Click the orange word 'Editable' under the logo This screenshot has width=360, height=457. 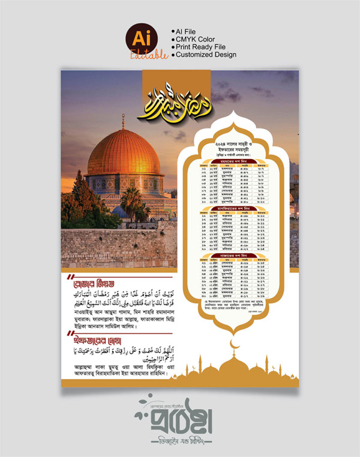pyautogui.click(x=149, y=55)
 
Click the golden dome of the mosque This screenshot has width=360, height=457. pyautogui.click(x=124, y=155)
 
